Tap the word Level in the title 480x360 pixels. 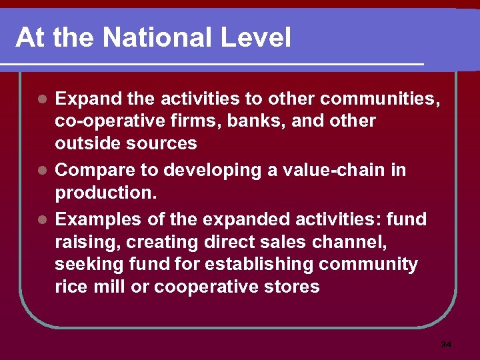(257, 37)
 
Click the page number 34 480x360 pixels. (446, 345)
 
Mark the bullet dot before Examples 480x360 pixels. (42, 219)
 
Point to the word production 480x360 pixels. (103, 193)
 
